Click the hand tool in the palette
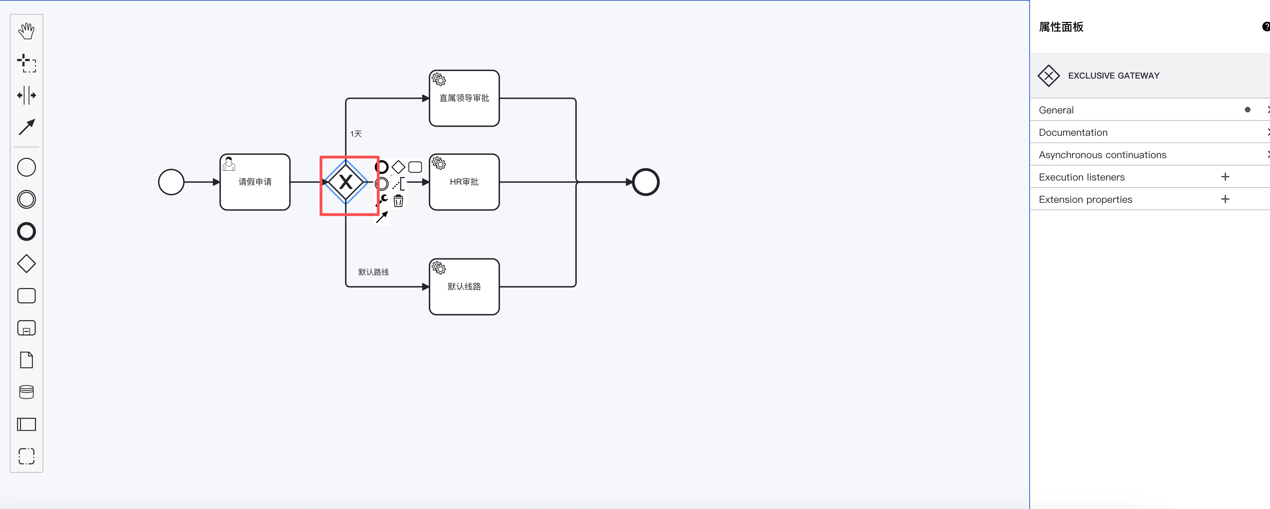point(27,31)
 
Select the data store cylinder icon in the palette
point(27,392)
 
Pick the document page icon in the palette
point(27,360)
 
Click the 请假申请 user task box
point(255,182)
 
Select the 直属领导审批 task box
point(464,98)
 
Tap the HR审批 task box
point(464,182)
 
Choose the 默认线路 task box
point(464,287)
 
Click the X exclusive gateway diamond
point(346,182)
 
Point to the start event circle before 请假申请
point(171,182)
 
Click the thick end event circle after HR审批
point(646,182)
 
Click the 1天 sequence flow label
point(356,134)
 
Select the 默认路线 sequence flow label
point(373,272)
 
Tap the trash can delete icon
point(398,201)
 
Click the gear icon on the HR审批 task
point(439,163)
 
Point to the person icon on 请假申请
point(229,163)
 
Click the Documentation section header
point(1073,132)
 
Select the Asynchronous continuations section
point(1103,155)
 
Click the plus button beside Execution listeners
point(1225,177)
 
